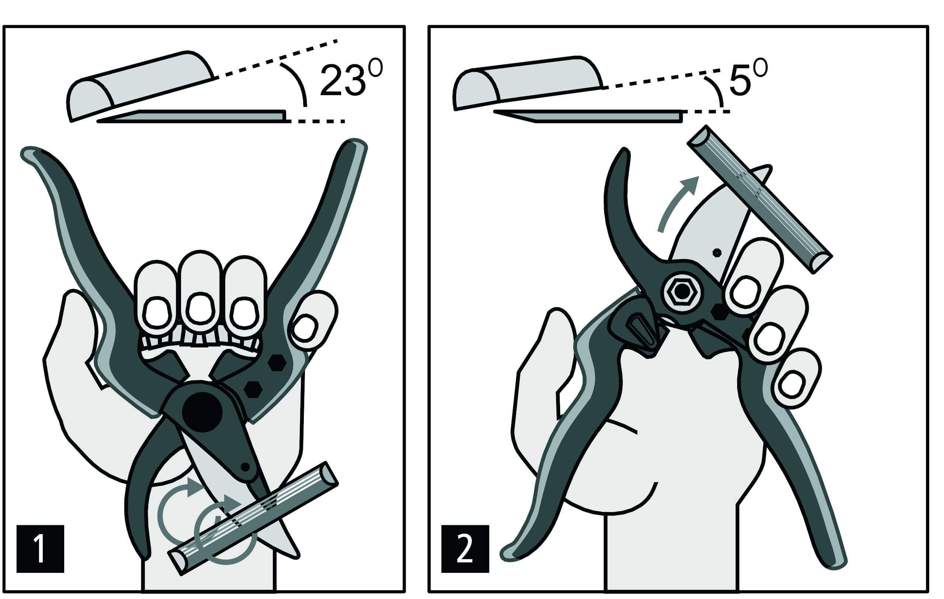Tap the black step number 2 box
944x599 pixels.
(465, 549)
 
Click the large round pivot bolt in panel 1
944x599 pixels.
(202, 412)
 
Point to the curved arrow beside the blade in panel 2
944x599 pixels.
(675, 204)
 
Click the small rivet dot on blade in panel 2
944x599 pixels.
(717, 253)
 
